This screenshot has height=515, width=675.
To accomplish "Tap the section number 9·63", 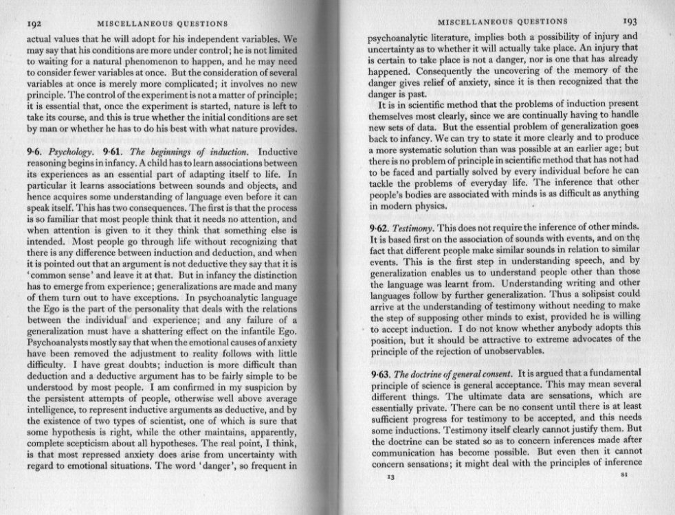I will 378,374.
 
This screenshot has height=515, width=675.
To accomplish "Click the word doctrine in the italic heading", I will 432,374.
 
